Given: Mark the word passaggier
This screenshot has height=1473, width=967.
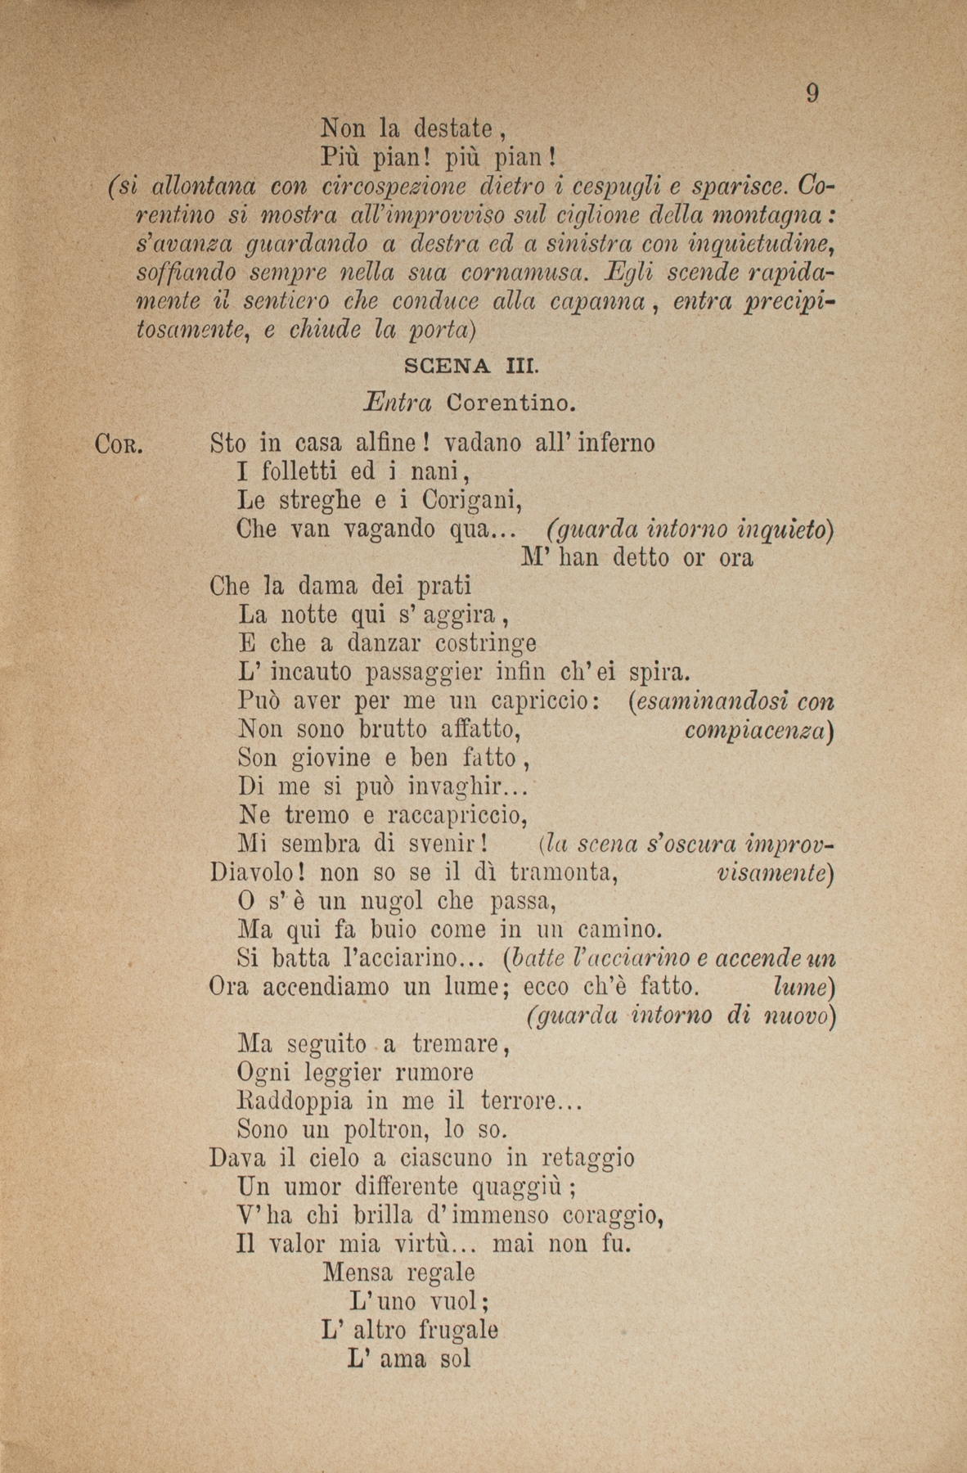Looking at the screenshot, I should click(425, 673).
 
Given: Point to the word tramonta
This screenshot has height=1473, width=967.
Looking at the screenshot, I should click(562, 873).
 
